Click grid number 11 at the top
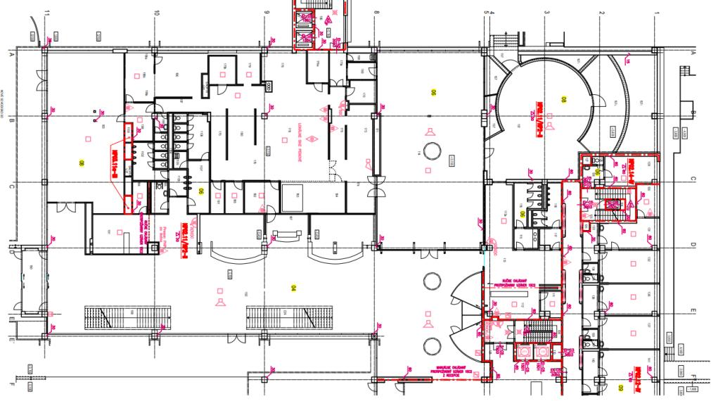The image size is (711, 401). [x=47, y=12]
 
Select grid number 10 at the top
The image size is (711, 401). [x=157, y=12]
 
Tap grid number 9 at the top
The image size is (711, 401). [x=267, y=12]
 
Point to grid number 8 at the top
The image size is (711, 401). [x=376, y=12]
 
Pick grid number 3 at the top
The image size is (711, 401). [x=546, y=12]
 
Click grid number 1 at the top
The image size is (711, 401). [x=656, y=12]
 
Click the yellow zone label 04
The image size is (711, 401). [x=295, y=287]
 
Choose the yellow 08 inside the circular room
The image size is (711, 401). [x=563, y=98]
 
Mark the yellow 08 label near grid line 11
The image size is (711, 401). [x=82, y=163]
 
